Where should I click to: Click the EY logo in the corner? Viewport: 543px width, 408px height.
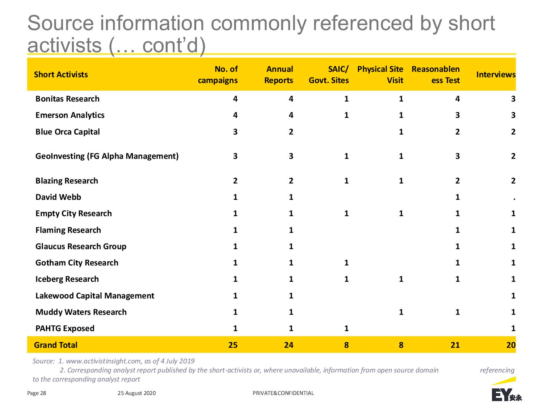click(x=506, y=390)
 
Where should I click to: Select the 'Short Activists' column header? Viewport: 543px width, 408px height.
click(x=61, y=75)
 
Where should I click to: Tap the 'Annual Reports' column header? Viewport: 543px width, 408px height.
click(x=279, y=75)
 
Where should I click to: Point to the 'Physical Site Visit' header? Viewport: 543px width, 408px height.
click(x=380, y=75)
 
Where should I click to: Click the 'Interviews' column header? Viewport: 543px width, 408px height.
click(x=496, y=75)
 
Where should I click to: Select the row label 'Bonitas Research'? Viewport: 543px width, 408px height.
click(x=68, y=99)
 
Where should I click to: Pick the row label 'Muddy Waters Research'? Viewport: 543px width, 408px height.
click(x=81, y=312)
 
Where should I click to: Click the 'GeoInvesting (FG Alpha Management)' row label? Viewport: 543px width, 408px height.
click(x=107, y=156)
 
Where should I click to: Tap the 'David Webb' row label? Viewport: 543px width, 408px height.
click(x=58, y=197)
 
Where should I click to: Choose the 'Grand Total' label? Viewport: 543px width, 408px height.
click(x=56, y=345)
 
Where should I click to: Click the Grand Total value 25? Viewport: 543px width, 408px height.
click(x=233, y=345)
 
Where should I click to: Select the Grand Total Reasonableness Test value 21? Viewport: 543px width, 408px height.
click(x=455, y=345)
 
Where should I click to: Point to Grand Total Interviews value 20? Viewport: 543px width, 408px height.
click(x=511, y=345)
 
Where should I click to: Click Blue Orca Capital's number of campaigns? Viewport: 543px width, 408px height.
click(x=235, y=132)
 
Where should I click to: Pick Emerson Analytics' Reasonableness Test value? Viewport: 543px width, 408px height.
click(x=458, y=115)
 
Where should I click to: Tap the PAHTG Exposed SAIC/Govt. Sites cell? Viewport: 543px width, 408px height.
click(x=346, y=329)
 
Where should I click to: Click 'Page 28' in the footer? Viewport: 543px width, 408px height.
click(x=37, y=393)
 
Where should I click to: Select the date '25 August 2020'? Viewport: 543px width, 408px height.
click(x=137, y=393)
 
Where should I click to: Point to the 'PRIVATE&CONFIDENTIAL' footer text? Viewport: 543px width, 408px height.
click(x=283, y=393)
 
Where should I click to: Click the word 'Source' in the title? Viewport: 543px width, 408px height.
click(x=60, y=23)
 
